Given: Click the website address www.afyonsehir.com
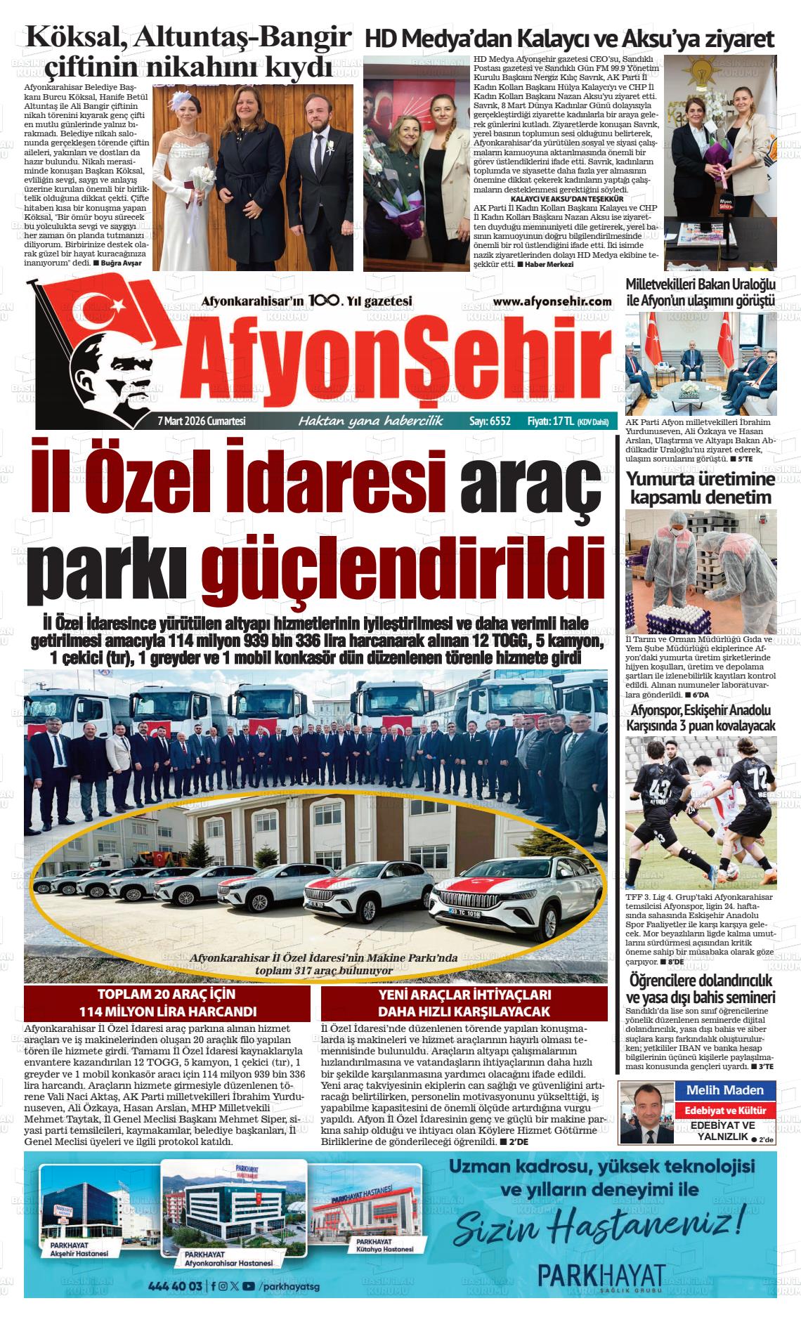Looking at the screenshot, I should [552, 301].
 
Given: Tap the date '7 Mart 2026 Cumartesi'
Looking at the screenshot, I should [201, 421].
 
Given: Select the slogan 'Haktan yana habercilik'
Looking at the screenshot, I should [371, 421].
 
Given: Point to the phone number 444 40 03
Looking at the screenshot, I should [176, 1286].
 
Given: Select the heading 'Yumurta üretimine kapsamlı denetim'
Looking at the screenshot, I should [701, 488].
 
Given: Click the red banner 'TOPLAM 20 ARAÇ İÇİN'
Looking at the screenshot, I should [167, 995].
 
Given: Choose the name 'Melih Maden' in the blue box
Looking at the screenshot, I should [724, 1090].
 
